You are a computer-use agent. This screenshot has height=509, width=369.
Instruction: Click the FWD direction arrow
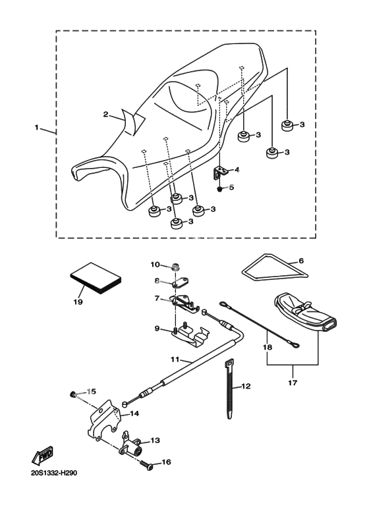[x=42, y=456]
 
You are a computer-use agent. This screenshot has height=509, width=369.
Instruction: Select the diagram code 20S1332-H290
[x=54, y=473]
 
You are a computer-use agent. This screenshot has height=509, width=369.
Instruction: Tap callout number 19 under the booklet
[x=78, y=302]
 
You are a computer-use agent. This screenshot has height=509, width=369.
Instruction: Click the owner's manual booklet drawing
[x=96, y=279]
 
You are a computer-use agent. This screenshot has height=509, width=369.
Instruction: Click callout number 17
[x=293, y=383]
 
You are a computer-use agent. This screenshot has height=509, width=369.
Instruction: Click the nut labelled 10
[x=175, y=268]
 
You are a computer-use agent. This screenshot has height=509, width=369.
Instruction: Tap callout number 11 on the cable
[x=175, y=360]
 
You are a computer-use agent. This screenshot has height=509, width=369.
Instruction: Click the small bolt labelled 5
[x=220, y=188]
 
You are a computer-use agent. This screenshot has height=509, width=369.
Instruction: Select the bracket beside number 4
[x=219, y=172]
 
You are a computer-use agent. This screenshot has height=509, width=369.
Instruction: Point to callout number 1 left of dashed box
[x=37, y=128]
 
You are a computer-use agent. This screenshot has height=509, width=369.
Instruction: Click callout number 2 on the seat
[x=105, y=115]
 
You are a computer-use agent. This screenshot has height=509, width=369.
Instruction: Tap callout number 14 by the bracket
[x=134, y=414]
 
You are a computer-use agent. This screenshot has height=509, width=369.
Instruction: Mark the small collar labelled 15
[x=73, y=394]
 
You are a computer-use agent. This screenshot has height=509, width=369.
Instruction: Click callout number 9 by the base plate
[x=157, y=329]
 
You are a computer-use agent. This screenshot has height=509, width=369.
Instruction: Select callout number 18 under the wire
[x=268, y=347]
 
